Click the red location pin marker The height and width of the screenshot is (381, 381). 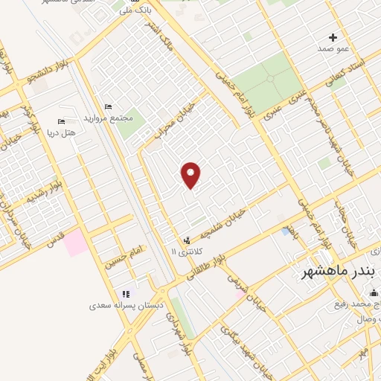[x=192, y=175]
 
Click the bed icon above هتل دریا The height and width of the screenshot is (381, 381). [x=61, y=122]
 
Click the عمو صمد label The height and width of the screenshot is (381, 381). [x=333, y=49]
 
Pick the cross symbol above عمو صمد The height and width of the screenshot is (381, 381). [x=333, y=36]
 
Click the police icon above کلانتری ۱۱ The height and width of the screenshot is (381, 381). [x=186, y=240]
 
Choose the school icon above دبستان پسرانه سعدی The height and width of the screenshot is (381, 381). [x=125, y=293]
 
